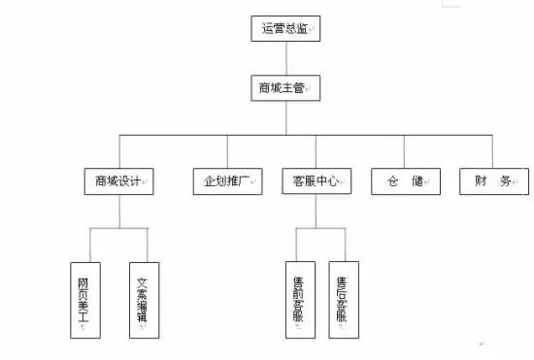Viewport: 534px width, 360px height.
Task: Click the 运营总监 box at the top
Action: (284, 29)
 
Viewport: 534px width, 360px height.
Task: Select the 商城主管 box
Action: (284, 88)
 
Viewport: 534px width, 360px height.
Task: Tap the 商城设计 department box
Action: (119, 181)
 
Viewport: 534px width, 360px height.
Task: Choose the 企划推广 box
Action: (227, 181)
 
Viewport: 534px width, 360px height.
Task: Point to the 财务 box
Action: (493, 181)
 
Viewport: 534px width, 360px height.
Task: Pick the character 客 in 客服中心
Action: (299, 181)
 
